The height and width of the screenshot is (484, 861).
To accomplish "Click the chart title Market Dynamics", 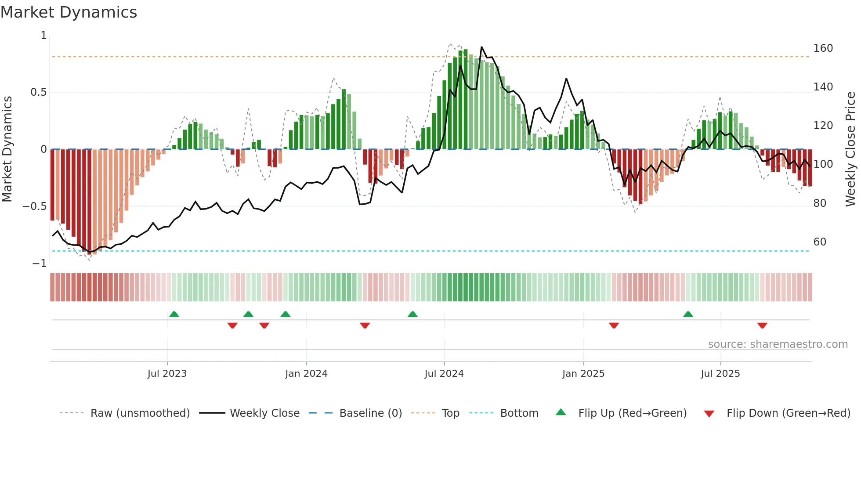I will coord(69,12).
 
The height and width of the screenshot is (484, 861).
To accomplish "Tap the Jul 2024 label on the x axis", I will coord(444,374).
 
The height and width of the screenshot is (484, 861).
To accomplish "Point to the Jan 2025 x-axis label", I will coord(583,374).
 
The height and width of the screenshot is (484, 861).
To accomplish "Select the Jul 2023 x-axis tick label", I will coord(167,374).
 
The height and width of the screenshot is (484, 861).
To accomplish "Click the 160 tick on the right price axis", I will coord(823,48).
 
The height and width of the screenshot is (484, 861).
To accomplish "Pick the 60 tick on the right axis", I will coord(820,242).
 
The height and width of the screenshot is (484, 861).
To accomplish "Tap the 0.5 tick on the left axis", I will coord(38,92).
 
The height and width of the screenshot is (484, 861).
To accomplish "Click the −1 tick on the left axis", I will coord(40,264).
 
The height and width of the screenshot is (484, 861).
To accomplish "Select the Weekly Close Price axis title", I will coord(850,149).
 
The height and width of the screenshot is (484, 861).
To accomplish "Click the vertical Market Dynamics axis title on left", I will coord(7,149).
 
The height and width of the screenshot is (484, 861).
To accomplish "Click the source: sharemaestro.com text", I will coord(778,344).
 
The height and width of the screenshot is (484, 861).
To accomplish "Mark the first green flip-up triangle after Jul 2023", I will coord(174,314).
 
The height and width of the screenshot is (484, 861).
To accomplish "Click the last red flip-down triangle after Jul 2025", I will coord(762,325).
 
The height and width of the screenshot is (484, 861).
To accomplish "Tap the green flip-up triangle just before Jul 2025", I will coord(688,314).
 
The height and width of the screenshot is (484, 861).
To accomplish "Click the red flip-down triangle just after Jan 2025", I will coord(614,325).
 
